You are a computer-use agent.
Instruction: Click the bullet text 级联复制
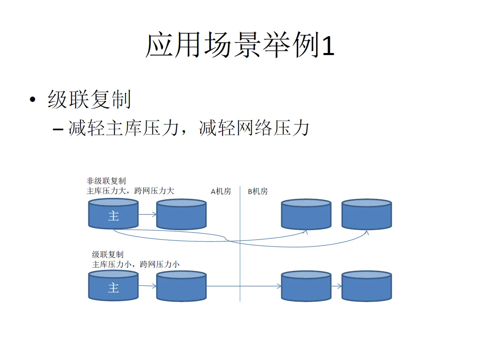click(x=89, y=100)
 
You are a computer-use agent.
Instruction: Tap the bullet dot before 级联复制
click(x=32, y=101)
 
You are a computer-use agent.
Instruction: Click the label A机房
click(x=221, y=191)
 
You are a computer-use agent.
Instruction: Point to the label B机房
click(x=258, y=191)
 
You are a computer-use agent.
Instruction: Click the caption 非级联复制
click(x=106, y=181)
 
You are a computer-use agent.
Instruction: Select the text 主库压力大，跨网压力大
click(x=130, y=191)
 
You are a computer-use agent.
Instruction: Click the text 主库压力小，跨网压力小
click(x=136, y=264)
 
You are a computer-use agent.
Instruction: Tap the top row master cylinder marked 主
click(x=113, y=215)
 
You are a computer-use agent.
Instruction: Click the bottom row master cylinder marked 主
click(x=113, y=287)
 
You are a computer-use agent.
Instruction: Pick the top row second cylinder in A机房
click(x=181, y=215)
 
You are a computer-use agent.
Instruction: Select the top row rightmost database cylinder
click(x=367, y=215)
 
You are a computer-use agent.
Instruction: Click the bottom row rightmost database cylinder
click(x=367, y=287)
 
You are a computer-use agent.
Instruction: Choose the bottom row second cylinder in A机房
click(x=181, y=287)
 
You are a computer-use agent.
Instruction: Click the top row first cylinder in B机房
click(x=306, y=215)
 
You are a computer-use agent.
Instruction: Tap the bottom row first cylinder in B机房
click(x=306, y=287)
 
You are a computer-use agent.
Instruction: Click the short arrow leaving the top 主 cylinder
click(x=147, y=214)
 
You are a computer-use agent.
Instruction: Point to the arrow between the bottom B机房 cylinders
click(x=336, y=286)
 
